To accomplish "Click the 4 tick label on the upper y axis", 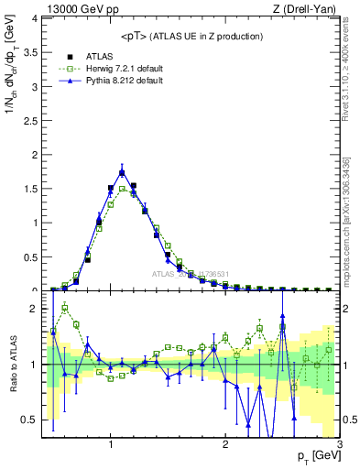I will pyautogui.click(x=38, y=17).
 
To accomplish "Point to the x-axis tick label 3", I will pyautogui.click(x=339, y=445).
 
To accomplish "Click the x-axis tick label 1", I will pyautogui.click(x=111, y=445).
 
